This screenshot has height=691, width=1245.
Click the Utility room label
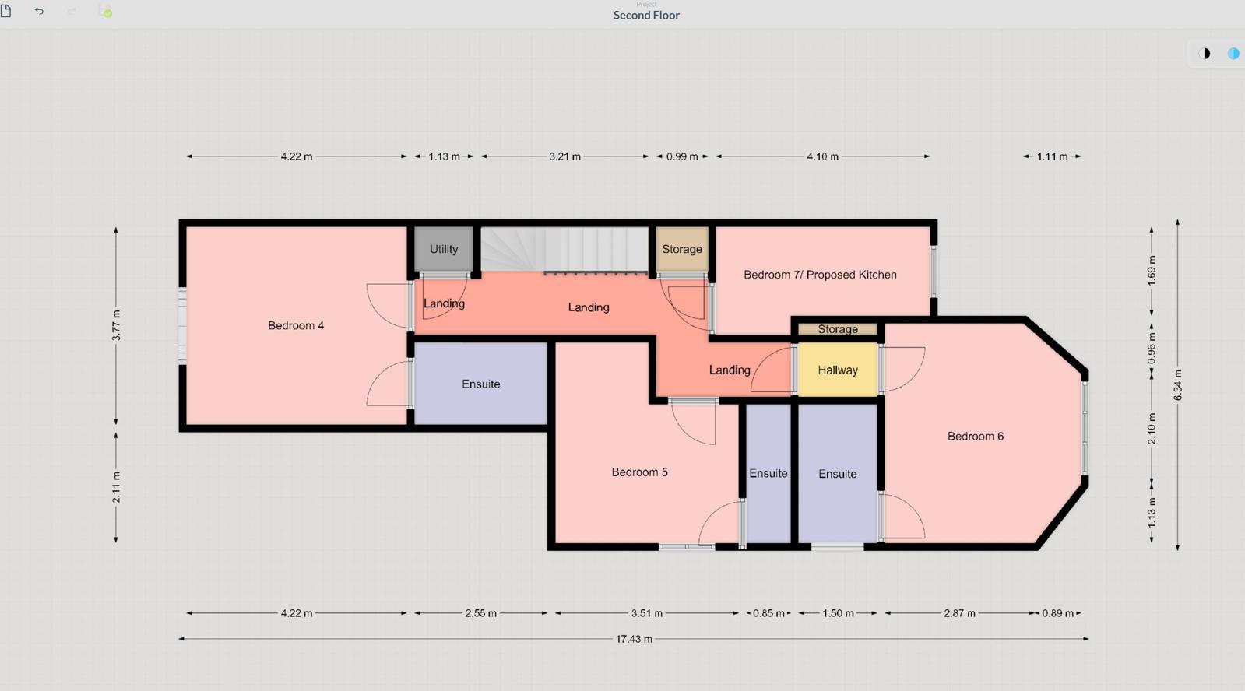point(444,250)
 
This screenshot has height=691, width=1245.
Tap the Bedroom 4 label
point(296,325)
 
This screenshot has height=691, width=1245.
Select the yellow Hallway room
point(838,370)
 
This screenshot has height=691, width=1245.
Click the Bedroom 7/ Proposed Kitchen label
point(820,275)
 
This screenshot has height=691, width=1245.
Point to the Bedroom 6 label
point(976,436)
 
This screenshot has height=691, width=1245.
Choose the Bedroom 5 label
point(639,472)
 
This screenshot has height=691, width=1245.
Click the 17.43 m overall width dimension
point(634,639)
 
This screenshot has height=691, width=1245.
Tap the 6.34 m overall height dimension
point(1178,384)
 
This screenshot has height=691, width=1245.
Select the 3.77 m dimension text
point(116,325)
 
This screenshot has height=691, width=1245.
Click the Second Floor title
point(646,15)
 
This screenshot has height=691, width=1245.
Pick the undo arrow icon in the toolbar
point(39,11)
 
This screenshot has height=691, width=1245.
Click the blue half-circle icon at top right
point(1233,54)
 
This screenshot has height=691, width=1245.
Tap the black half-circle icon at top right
point(1205,54)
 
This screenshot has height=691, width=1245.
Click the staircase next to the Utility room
point(564,249)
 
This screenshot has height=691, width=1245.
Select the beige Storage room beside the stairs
point(682,249)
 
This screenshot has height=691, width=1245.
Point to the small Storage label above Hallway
point(838,329)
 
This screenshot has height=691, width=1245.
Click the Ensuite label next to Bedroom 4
point(480,384)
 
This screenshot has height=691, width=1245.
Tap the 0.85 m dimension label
point(768,613)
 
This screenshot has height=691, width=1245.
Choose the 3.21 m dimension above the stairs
point(564,156)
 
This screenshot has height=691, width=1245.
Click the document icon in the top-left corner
point(6,11)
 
